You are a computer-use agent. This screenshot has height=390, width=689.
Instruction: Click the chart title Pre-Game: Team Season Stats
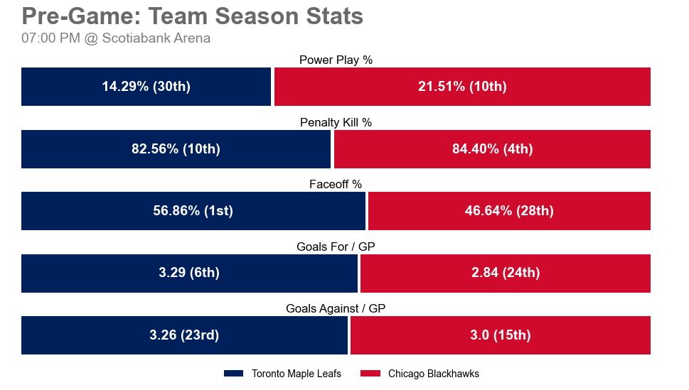(193, 16)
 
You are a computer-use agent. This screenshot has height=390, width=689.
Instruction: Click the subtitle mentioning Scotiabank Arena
(116, 38)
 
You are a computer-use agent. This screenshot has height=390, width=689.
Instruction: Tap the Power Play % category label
(336, 60)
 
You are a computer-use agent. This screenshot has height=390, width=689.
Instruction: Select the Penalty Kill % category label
(336, 122)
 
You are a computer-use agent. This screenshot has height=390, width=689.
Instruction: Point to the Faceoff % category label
(336, 185)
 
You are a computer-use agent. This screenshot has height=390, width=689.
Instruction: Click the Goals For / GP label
(336, 247)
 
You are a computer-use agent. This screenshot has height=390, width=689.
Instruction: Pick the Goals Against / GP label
(336, 309)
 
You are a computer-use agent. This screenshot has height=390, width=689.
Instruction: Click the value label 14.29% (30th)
(146, 87)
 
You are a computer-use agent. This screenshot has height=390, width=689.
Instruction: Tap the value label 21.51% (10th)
(462, 87)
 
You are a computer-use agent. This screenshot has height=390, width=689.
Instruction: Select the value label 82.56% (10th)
(176, 149)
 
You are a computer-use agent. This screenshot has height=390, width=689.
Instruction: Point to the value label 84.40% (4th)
(492, 149)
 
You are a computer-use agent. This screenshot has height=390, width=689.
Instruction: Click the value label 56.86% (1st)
(193, 211)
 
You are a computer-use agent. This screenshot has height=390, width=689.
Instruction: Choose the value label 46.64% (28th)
(509, 211)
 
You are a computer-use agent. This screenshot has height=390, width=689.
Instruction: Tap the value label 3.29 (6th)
(189, 273)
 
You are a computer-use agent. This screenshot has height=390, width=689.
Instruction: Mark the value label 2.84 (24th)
(505, 273)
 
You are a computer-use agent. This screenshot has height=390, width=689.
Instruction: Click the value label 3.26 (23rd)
(184, 335)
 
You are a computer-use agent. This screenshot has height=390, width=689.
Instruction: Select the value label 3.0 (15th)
(501, 335)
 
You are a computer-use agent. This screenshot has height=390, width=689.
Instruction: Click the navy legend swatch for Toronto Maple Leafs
(234, 374)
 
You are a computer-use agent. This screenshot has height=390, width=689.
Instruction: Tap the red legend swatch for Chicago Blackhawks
(371, 374)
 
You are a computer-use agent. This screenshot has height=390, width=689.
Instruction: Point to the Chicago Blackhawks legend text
(433, 374)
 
